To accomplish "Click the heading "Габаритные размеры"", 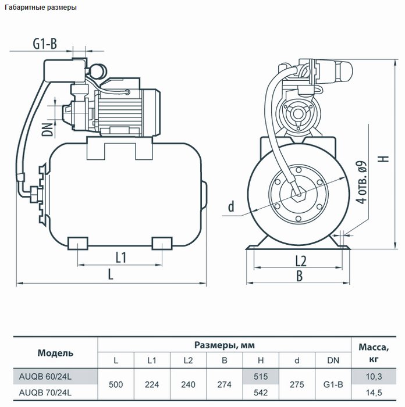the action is click(41, 7).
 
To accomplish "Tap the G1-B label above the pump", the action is click(45, 44).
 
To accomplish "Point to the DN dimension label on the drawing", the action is click(47, 130).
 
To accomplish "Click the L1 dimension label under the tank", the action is click(121, 258).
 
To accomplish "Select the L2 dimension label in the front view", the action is click(301, 261).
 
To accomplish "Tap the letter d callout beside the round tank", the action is click(231, 206).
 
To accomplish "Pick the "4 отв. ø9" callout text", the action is click(361, 182).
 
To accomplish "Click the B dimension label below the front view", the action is click(300, 276).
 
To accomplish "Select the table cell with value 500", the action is click(116, 384).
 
